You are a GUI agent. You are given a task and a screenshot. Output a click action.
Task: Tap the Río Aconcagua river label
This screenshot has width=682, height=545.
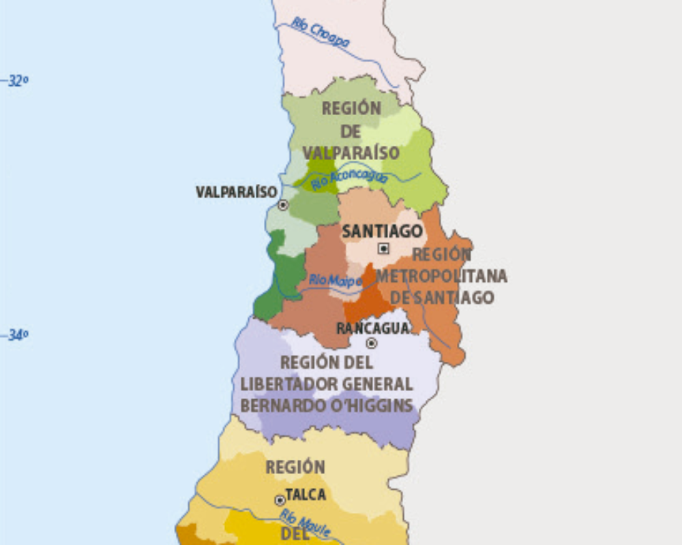[349, 179]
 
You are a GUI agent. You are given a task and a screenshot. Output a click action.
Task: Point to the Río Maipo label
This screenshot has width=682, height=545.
[335, 279]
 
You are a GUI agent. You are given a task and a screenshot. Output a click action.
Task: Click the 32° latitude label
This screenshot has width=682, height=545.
[18, 81]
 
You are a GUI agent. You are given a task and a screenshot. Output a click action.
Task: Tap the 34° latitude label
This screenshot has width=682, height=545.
[18, 335]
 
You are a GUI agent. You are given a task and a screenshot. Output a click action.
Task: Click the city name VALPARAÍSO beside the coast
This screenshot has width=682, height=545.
[236, 192]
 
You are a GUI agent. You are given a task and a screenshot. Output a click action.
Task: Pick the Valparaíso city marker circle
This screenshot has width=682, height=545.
[283, 204]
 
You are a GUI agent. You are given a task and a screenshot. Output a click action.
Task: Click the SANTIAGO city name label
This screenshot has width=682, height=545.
[382, 232]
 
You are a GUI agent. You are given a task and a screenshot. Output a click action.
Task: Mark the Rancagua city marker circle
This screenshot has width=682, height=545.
[372, 343]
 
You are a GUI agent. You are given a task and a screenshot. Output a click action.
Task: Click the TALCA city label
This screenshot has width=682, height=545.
[306, 495]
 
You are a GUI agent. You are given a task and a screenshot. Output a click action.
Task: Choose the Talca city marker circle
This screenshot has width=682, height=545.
[280, 500]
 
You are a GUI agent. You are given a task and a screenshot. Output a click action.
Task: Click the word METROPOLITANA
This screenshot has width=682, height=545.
[441, 277]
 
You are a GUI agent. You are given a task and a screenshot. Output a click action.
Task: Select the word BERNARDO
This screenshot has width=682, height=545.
[279, 406]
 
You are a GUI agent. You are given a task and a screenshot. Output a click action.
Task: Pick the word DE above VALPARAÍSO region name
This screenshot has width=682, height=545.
[351, 131]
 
